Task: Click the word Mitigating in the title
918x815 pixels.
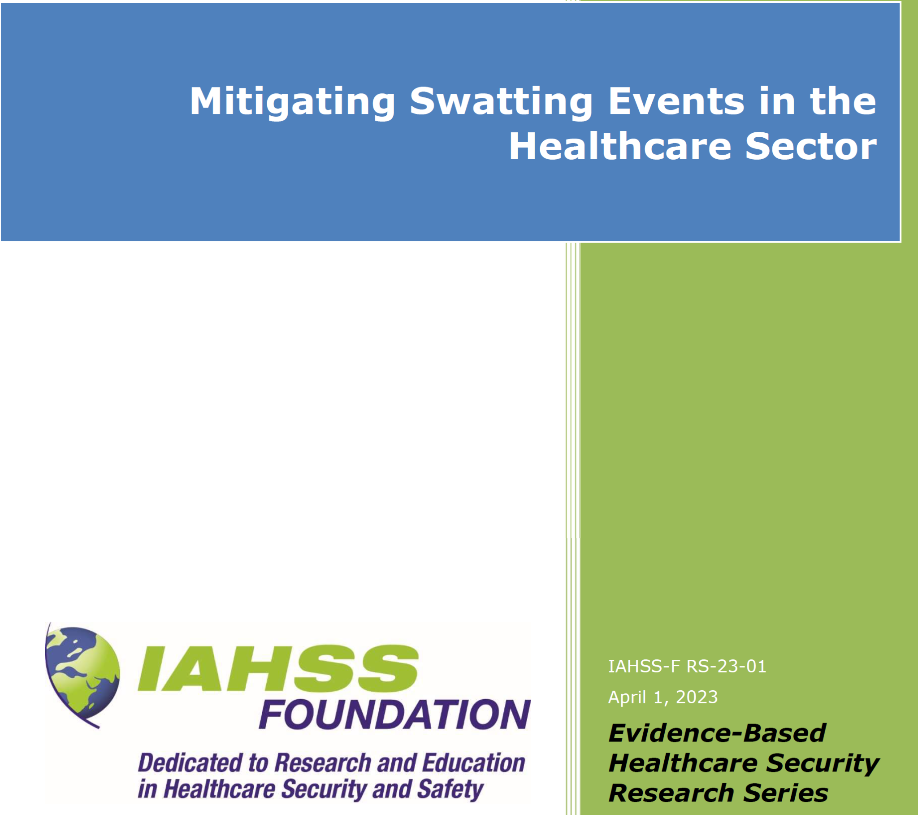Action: (292, 103)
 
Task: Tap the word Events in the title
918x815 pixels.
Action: (676, 100)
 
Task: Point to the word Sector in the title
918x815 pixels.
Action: (811, 146)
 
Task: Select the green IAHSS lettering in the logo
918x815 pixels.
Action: (278, 668)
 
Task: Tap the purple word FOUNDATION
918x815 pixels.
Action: (395, 715)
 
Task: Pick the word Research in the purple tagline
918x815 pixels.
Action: (323, 763)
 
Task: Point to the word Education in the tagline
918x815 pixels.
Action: (474, 763)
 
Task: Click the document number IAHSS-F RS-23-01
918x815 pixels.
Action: (687, 666)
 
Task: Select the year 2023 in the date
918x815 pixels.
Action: (697, 697)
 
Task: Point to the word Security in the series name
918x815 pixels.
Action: (823, 764)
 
